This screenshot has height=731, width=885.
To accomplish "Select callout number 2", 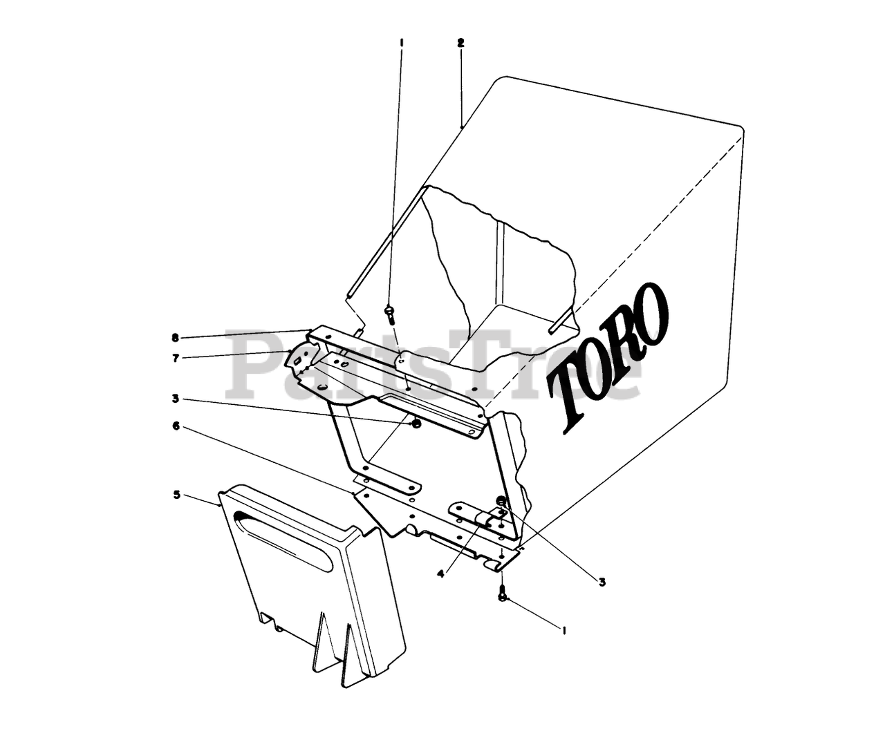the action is [x=460, y=43].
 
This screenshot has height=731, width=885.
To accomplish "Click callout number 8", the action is [x=176, y=338].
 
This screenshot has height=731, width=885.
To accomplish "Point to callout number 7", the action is [x=176, y=358].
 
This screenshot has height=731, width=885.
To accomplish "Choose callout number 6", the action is [x=176, y=426].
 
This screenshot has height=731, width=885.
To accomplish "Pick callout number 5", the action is [x=176, y=495].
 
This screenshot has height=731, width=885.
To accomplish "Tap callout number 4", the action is [x=440, y=573].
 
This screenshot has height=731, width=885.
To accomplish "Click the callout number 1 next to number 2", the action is [x=401, y=43].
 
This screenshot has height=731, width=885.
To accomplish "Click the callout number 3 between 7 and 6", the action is [x=176, y=399].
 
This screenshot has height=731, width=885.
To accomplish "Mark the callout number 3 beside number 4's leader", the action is [x=602, y=582].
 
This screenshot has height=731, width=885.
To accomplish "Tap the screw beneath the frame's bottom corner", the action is [x=503, y=593].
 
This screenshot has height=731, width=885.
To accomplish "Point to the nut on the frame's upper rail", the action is [x=416, y=424].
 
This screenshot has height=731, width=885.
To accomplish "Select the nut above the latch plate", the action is [x=501, y=500].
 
